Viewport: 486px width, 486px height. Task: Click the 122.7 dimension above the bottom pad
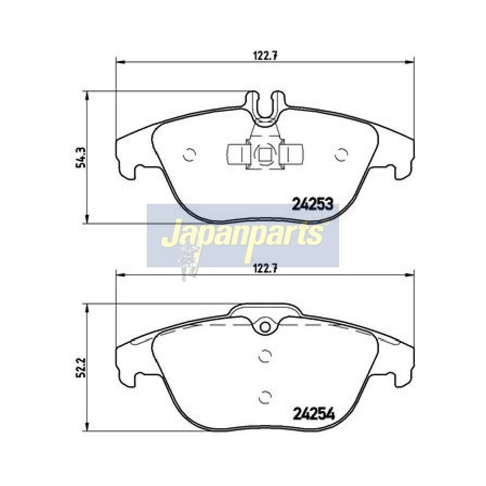[x=265, y=268]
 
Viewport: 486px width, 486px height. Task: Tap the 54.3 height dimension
[x=80, y=157]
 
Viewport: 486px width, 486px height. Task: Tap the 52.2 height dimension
[x=80, y=368]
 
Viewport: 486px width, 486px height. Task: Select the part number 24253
[x=313, y=204]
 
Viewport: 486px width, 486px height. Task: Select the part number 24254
[x=314, y=414]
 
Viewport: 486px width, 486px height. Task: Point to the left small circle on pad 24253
[x=190, y=154]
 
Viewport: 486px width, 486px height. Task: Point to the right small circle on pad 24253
[x=341, y=154]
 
